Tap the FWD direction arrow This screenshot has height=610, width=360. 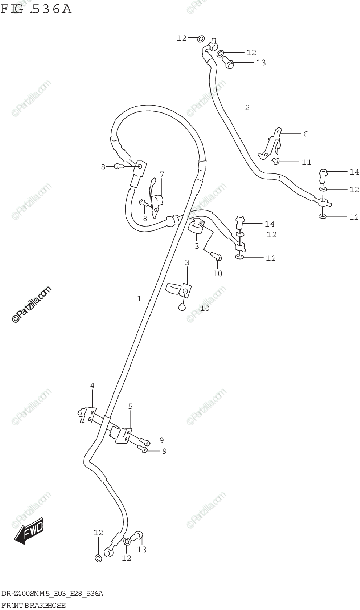point(28,532)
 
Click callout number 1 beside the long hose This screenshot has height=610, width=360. point(139,299)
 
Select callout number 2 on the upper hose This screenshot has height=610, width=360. point(247,107)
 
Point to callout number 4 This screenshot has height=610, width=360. point(93,386)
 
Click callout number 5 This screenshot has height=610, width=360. point(130,406)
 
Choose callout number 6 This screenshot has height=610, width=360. point(305,134)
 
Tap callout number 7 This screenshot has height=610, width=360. point(162,175)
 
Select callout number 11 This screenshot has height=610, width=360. point(306,162)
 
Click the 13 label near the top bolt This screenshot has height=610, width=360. point(261,63)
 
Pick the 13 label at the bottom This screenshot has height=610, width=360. point(142,549)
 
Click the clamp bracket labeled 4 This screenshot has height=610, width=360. point(88,414)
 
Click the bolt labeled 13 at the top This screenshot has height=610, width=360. point(229,64)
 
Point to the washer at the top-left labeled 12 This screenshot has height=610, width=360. point(200,38)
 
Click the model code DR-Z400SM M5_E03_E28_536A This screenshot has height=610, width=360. point(52,593)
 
